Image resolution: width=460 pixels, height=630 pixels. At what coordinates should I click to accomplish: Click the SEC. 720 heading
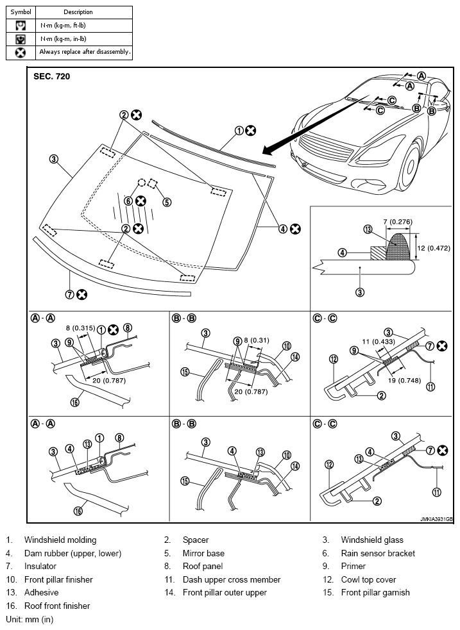point(51,76)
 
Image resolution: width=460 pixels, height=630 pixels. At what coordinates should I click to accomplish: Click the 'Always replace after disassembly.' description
point(85,52)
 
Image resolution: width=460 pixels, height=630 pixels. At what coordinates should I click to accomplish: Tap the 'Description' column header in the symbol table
point(78,12)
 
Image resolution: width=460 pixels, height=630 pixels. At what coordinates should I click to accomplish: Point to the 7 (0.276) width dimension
point(398,221)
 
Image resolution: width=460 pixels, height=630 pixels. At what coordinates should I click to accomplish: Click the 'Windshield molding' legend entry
point(60,540)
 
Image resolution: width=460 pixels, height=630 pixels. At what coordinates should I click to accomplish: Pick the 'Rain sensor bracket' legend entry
point(378,553)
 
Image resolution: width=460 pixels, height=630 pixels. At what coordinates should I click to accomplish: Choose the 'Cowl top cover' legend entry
point(368,579)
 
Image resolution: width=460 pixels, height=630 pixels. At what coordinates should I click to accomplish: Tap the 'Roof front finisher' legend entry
point(57,606)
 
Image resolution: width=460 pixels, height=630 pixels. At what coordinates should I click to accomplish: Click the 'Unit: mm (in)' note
point(30,619)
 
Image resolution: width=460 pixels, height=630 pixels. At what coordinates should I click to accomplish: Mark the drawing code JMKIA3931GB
point(436,519)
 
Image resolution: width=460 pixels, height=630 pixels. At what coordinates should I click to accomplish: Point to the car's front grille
point(327,149)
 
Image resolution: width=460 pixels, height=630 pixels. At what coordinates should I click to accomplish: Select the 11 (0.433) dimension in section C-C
point(379,342)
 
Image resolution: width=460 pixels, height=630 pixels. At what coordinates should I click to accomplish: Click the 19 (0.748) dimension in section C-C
point(404,381)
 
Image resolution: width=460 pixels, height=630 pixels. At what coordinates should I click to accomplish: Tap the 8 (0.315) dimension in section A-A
point(80,328)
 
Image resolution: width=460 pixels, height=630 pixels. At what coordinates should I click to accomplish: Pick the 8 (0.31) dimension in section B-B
point(256,340)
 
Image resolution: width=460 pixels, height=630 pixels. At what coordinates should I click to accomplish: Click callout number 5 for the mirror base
point(167,202)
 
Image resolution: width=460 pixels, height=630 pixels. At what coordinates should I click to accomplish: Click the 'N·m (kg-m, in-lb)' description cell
point(63,39)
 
